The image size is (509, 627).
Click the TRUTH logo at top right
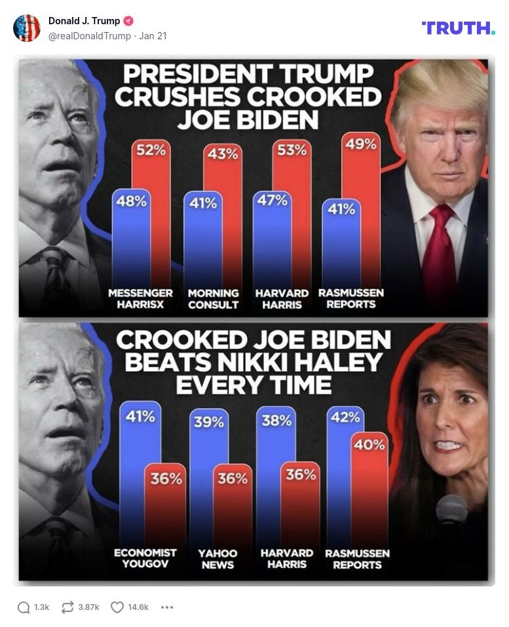458,27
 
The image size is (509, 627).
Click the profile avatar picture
27,28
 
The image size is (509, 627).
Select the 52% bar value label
151,150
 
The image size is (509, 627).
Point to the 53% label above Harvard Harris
292,150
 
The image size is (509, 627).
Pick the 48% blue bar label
131,201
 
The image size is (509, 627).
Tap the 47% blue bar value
271,200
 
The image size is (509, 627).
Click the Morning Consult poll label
214,298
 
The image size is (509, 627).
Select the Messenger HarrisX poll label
141,298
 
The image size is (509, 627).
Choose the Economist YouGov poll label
145,558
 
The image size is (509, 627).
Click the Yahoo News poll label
217,559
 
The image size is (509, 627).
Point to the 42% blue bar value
345,417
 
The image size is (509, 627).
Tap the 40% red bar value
369,444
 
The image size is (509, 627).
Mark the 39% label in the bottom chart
208,421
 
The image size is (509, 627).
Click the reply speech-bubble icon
24,607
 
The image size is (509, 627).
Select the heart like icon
117,607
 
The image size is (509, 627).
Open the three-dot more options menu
167,607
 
